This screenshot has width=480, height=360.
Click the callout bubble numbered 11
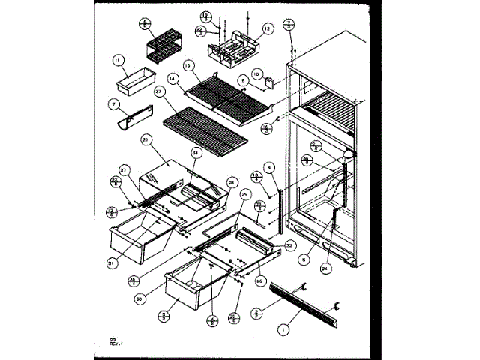pos(117,59)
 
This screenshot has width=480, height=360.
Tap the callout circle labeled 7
pos(115,103)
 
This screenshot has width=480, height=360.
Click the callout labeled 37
pos(159,91)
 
